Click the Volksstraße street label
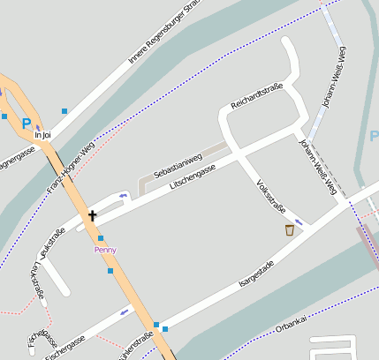click(x=269, y=197)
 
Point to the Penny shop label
click(x=105, y=250)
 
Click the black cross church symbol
click(x=92, y=214)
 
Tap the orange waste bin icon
click(x=289, y=230)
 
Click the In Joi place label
click(x=42, y=135)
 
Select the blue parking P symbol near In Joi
click(x=27, y=124)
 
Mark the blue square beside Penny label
click(x=101, y=238)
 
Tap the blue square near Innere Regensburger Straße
click(x=64, y=111)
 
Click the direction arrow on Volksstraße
click(x=299, y=221)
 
